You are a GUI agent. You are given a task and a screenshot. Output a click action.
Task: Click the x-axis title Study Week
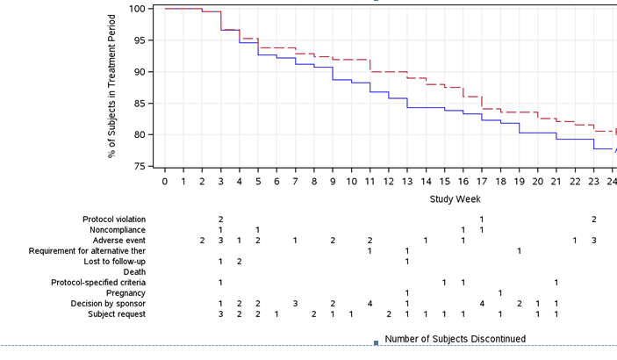point(454,199)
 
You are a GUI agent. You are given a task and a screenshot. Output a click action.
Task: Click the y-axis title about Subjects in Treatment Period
point(112,86)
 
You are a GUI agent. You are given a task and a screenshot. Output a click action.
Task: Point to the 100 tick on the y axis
point(137,9)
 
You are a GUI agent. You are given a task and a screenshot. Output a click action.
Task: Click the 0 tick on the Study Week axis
point(165,181)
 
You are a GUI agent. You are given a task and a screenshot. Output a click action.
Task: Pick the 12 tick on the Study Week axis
point(388,181)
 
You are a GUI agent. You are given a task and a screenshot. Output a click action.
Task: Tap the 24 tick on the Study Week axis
point(612,181)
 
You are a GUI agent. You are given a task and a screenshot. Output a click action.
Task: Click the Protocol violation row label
point(114,220)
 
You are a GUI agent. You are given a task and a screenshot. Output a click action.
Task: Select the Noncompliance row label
point(118,230)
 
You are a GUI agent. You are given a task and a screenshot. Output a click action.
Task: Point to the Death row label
point(134,272)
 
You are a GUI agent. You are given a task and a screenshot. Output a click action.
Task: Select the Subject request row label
point(117,314)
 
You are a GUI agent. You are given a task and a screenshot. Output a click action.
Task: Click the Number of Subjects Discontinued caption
point(455,339)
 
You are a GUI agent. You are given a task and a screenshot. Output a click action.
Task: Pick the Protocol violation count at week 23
point(594,220)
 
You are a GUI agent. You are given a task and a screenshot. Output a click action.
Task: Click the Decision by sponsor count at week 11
point(369,304)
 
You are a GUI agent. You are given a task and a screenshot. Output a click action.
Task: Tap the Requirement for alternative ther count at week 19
point(519,251)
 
